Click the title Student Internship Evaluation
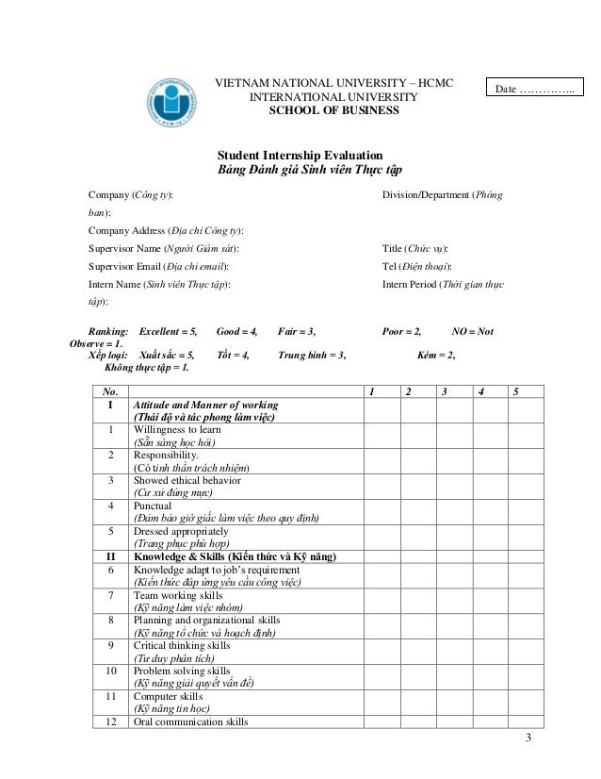300,155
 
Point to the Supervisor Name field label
163,248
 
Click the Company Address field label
165,230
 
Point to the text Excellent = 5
169,332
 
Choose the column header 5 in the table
515,390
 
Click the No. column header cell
110,390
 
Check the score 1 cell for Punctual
371,511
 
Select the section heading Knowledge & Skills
235,556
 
